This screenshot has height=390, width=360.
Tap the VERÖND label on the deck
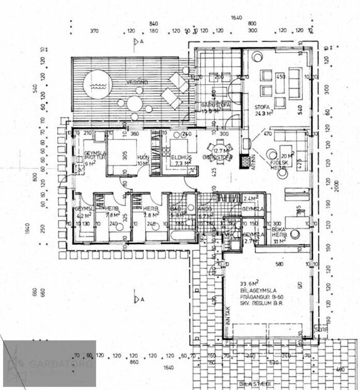[136, 82]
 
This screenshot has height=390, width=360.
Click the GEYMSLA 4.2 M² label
[84, 211]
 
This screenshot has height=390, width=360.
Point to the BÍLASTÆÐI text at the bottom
[254, 383]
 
